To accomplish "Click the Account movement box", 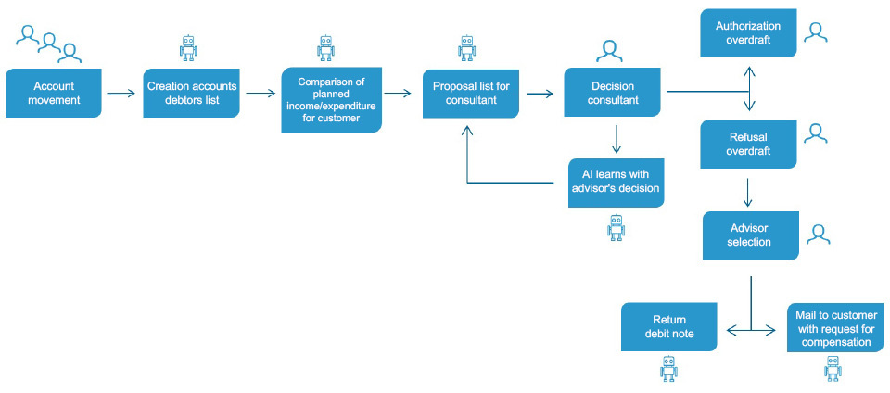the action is pyautogui.click(x=54, y=93).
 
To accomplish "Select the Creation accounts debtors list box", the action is pyautogui.click(x=191, y=93).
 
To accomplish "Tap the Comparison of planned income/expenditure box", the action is pyautogui.click(x=332, y=100).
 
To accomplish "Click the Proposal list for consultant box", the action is pyautogui.click(x=471, y=93).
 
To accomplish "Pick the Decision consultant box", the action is pyautogui.click(x=613, y=93).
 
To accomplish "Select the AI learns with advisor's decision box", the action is pyautogui.click(x=616, y=183).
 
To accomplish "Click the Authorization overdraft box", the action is pyautogui.click(x=748, y=32).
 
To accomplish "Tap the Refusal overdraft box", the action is pyautogui.click(x=748, y=144).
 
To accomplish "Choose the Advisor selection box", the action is pyautogui.click(x=751, y=236).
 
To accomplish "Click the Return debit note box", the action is pyautogui.click(x=669, y=327).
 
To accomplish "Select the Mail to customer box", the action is pyautogui.click(x=835, y=327).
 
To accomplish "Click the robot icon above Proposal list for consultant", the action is pyautogui.click(x=466, y=48).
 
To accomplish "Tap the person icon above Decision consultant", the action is pyautogui.click(x=608, y=51).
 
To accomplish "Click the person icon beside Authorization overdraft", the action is pyautogui.click(x=816, y=32).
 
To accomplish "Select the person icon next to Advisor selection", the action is pyautogui.click(x=818, y=235).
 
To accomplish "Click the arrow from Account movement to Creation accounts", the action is pyautogui.click(x=121, y=93).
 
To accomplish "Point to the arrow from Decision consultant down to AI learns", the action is pyautogui.click(x=616, y=140).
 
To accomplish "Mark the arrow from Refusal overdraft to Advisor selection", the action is pyautogui.click(x=748, y=193).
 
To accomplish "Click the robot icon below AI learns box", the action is pyautogui.click(x=616, y=227).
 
